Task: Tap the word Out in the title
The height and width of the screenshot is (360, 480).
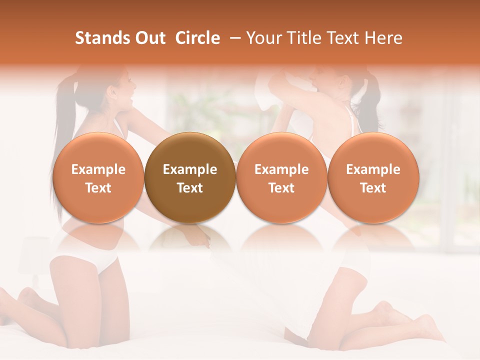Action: (x=148, y=38)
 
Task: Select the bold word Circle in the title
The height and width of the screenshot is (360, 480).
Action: (x=197, y=38)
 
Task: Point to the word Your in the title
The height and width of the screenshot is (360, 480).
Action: (x=262, y=38)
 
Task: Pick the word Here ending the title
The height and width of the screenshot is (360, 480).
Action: (x=384, y=38)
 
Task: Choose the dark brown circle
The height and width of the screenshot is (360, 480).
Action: (x=190, y=178)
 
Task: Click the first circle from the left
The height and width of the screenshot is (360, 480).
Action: (x=98, y=178)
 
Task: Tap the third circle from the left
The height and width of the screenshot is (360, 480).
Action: (x=281, y=178)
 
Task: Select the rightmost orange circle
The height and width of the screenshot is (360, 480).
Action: (x=373, y=178)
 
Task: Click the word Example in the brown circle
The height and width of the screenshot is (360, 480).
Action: (x=190, y=169)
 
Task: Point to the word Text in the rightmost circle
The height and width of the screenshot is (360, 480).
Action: (x=373, y=188)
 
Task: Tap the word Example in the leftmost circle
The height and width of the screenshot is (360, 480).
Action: (x=98, y=169)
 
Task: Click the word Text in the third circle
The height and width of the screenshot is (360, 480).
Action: (x=281, y=188)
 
